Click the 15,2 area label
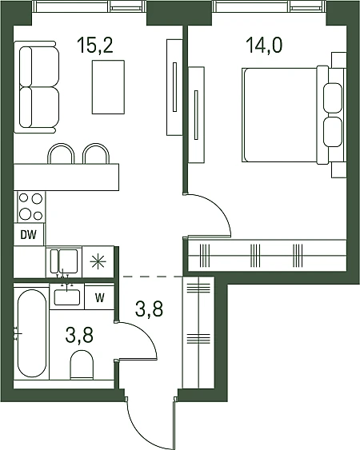coord(95,46)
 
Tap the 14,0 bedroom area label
coord(264,46)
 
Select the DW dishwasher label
coord(29,235)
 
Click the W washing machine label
coord(100,298)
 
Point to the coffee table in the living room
coord(108,86)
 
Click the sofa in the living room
coord(37,87)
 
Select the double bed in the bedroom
coord(293,115)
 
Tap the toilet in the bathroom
coord(82,364)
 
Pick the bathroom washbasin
coord(67,297)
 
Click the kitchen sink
coord(64,261)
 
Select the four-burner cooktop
coord(30,207)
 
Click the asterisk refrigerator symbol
coord(98,261)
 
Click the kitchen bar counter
coord(66,177)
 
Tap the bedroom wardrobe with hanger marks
coord(267,255)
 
